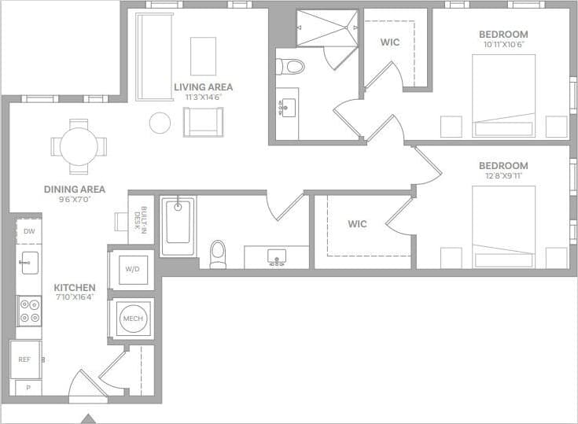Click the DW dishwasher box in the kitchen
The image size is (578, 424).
[x=29, y=231]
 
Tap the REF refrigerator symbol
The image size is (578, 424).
[x=25, y=359]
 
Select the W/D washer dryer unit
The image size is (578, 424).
[x=131, y=269]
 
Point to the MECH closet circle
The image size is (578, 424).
[x=131, y=319]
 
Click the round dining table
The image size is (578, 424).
[x=79, y=146]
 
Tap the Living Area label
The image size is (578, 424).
[x=204, y=87]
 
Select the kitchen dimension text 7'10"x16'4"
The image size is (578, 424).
[x=75, y=297]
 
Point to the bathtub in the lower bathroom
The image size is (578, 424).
[x=178, y=227]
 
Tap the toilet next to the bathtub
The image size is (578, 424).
[x=218, y=253]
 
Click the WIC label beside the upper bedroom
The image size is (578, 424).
[x=390, y=42]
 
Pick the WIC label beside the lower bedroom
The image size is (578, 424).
[x=357, y=224]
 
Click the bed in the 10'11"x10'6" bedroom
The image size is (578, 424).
[x=503, y=94]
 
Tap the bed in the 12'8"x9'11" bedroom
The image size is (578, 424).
[x=503, y=227]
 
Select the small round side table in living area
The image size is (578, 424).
[x=160, y=123]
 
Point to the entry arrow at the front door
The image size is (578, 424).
[x=89, y=418]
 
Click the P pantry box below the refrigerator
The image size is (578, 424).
[x=28, y=388]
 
